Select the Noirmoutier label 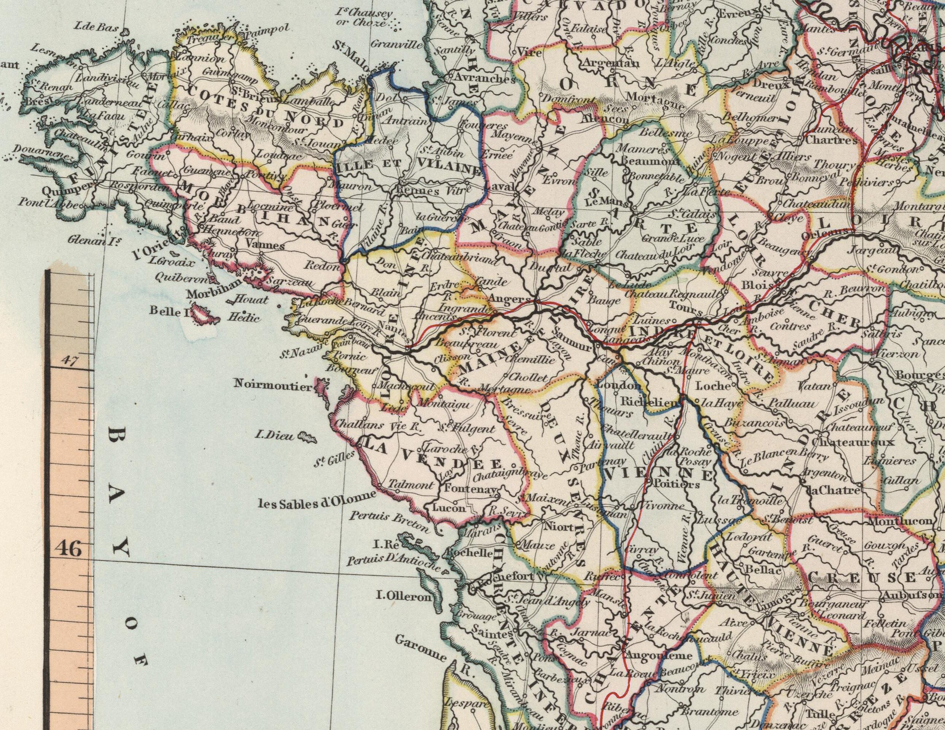pos(273,384)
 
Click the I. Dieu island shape pos(308,438)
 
